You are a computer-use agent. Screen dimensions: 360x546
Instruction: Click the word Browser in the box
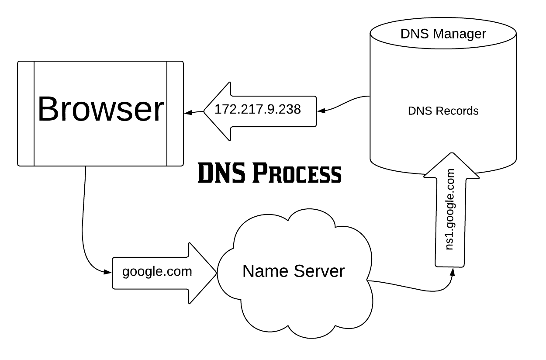click(100, 109)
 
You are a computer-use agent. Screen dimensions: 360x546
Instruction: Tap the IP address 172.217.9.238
click(258, 109)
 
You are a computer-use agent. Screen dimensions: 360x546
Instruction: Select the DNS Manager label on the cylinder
click(443, 34)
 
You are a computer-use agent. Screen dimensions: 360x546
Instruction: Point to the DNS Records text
click(443, 111)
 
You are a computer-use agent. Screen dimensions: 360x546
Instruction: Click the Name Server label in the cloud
click(294, 271)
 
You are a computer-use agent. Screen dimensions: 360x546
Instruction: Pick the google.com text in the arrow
click(157, 272)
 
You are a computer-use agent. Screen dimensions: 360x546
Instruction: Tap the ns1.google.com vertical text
click(450, 210)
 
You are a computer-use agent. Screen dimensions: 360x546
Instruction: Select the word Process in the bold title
click(297, 174)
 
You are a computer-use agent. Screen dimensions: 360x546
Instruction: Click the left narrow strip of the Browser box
click(26, 114)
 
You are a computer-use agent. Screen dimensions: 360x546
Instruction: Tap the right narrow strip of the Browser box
click(175, 114)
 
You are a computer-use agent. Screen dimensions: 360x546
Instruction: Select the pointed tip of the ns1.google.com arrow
click(451, 155)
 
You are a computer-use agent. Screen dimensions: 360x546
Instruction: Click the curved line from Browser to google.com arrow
click(83, 227)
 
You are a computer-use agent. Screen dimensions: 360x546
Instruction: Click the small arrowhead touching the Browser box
click(188, 113)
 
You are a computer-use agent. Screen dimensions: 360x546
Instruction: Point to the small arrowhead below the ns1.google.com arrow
click(453, 271)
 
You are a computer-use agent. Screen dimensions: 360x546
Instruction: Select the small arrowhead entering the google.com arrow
click(108, 272)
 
